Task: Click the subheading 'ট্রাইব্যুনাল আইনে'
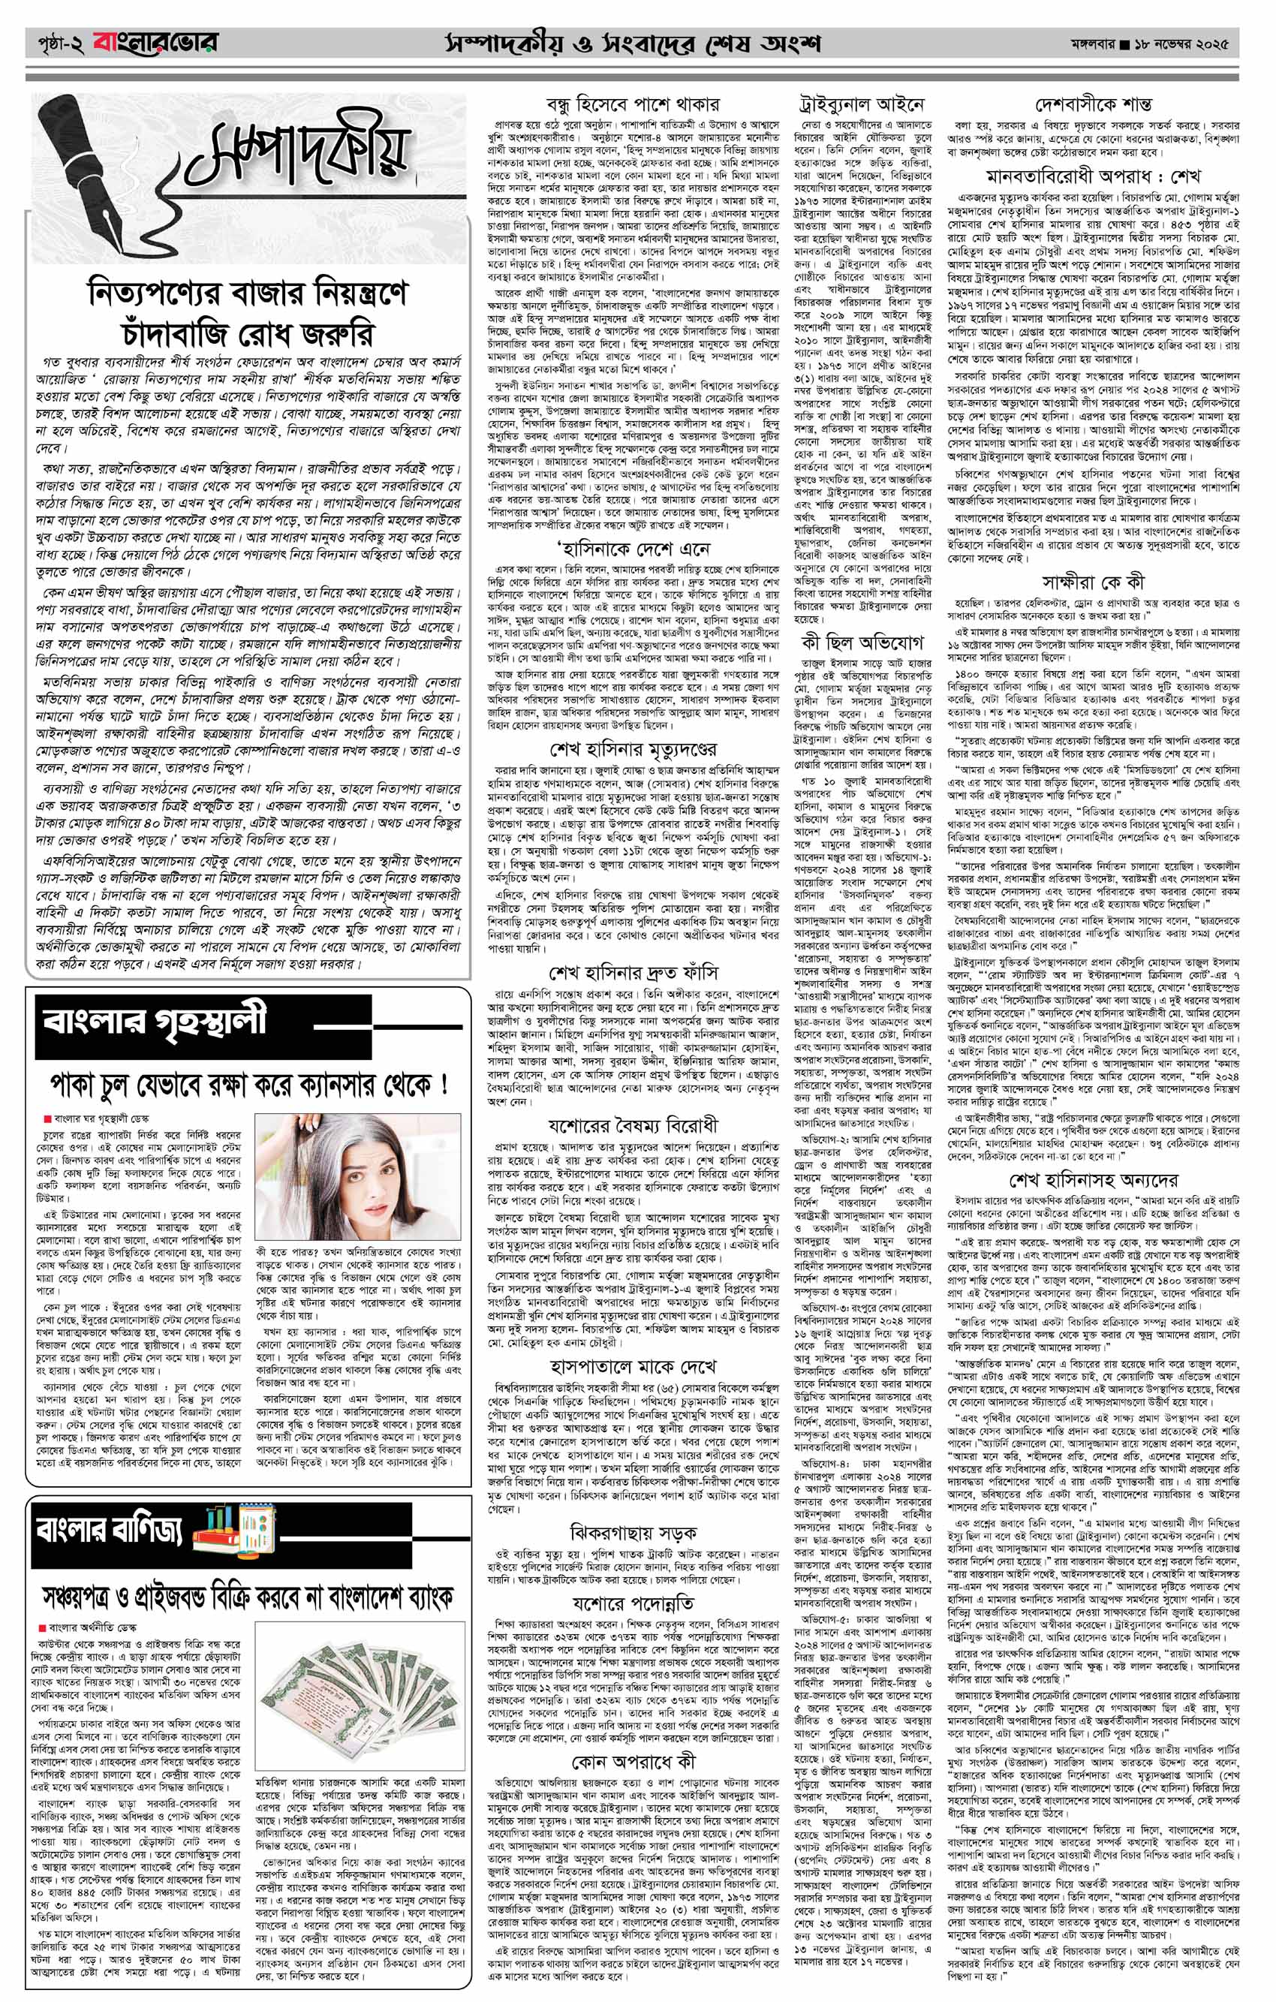tap(860, 106)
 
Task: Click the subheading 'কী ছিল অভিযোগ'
tap(860, 643)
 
